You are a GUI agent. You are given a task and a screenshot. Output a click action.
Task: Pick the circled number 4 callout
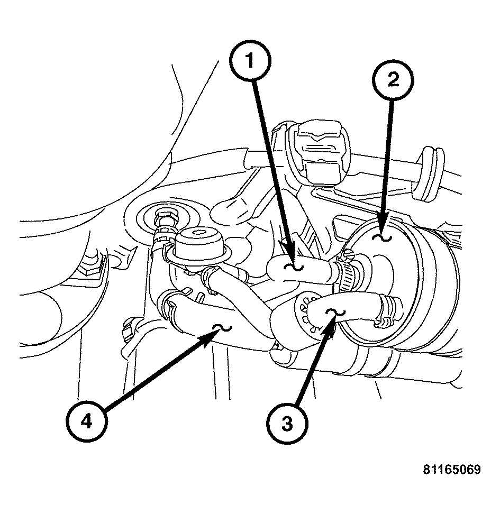click(87, 422)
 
